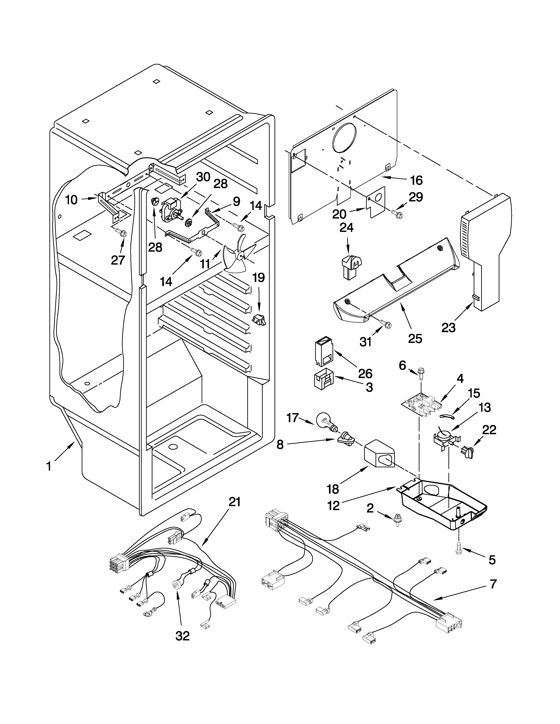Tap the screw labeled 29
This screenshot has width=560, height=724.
397,214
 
